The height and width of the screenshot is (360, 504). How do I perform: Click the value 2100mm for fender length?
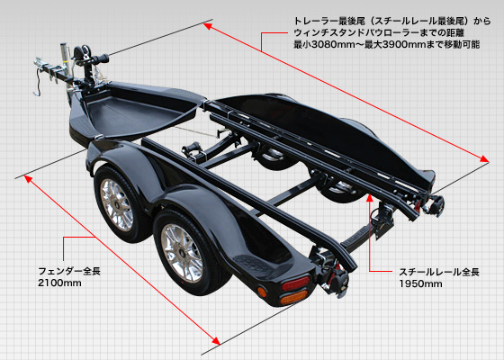click(59, 283)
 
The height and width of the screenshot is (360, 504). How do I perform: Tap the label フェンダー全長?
click(69, 271)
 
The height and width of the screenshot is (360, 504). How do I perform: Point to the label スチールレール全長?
click(439, 272)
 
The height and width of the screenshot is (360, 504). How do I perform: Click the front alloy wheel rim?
click(116, 205)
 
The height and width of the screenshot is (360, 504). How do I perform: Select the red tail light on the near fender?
click(295, 283)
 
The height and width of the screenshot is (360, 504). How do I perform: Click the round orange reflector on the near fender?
click(262, 292)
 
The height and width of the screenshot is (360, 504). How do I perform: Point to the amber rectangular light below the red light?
click(293, 297)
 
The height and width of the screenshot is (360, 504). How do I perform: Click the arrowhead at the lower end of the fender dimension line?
click(216, 341)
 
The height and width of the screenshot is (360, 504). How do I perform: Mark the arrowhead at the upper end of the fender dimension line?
click(28, 179)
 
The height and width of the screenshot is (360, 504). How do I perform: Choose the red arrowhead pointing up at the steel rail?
click(370, 197)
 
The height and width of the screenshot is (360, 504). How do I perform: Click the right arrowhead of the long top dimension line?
click(484, 158)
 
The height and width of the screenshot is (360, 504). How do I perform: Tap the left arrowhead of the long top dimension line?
click(208, 26)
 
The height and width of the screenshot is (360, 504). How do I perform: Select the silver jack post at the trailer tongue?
click(65, 63)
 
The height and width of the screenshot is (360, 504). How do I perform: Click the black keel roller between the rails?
click(192, 148)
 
